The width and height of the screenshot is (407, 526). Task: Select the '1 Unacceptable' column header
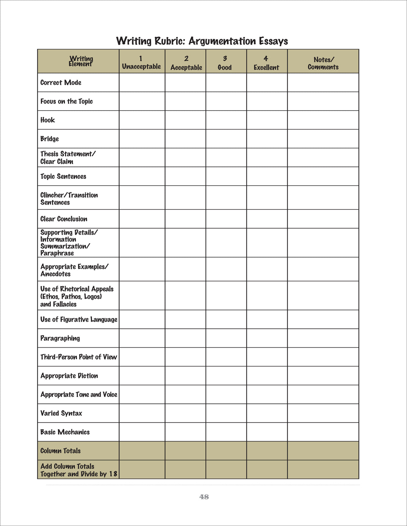[141, 63]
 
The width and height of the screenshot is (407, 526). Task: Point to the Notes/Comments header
[323, 63]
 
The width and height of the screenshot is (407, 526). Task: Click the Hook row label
[48, 120]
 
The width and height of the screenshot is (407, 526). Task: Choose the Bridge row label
[50, 139]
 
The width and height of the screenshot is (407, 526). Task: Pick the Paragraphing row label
[60, 338]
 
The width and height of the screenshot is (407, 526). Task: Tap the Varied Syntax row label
[61, 413]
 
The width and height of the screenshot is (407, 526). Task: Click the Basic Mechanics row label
[65, 432]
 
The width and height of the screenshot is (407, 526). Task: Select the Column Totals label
[61, 451]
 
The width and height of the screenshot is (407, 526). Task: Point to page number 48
[204, 497]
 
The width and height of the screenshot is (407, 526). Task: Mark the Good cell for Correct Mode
[226, 82]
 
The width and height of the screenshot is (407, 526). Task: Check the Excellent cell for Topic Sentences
[267, 176]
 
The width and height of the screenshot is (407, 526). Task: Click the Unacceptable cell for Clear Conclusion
[142, 219]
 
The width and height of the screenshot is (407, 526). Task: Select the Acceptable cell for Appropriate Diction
[185, 376]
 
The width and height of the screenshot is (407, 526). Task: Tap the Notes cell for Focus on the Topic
[323, 101]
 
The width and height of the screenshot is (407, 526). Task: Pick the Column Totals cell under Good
[226, 451]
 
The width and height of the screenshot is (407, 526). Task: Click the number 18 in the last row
[113, 474]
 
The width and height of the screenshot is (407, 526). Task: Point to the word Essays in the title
[273, 41]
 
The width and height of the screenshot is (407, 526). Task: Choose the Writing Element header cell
[81, 61]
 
